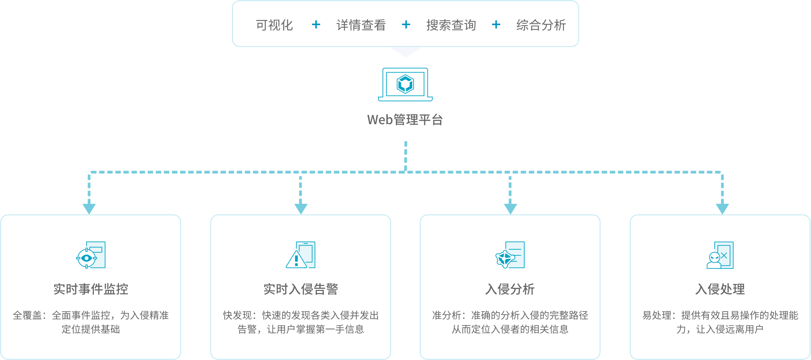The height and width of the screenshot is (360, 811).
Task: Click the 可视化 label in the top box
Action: point(274,25)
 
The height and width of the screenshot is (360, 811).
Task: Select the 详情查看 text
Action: point(361,25)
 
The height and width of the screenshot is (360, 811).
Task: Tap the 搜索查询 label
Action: point(451,25)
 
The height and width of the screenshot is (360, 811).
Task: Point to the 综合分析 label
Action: point(541,25)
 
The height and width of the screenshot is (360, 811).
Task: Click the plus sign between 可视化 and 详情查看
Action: point(316,25)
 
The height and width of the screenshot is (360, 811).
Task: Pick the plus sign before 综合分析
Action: point(496,25)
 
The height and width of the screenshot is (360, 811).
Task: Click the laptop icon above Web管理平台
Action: point(405,84)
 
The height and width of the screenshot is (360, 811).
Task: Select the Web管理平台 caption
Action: point(405,120)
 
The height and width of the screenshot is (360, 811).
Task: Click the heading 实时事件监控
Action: point(91,289)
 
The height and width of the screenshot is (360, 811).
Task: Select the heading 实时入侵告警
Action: point(301,289)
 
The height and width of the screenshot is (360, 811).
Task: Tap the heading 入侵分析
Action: point(510,289)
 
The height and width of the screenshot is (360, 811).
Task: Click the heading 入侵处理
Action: point(720,289)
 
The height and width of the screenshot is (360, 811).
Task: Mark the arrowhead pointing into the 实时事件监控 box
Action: point(89,209)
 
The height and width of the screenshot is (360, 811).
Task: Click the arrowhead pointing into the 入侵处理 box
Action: point(722,209)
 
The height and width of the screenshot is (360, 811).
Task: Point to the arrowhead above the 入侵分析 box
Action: point(510,209)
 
